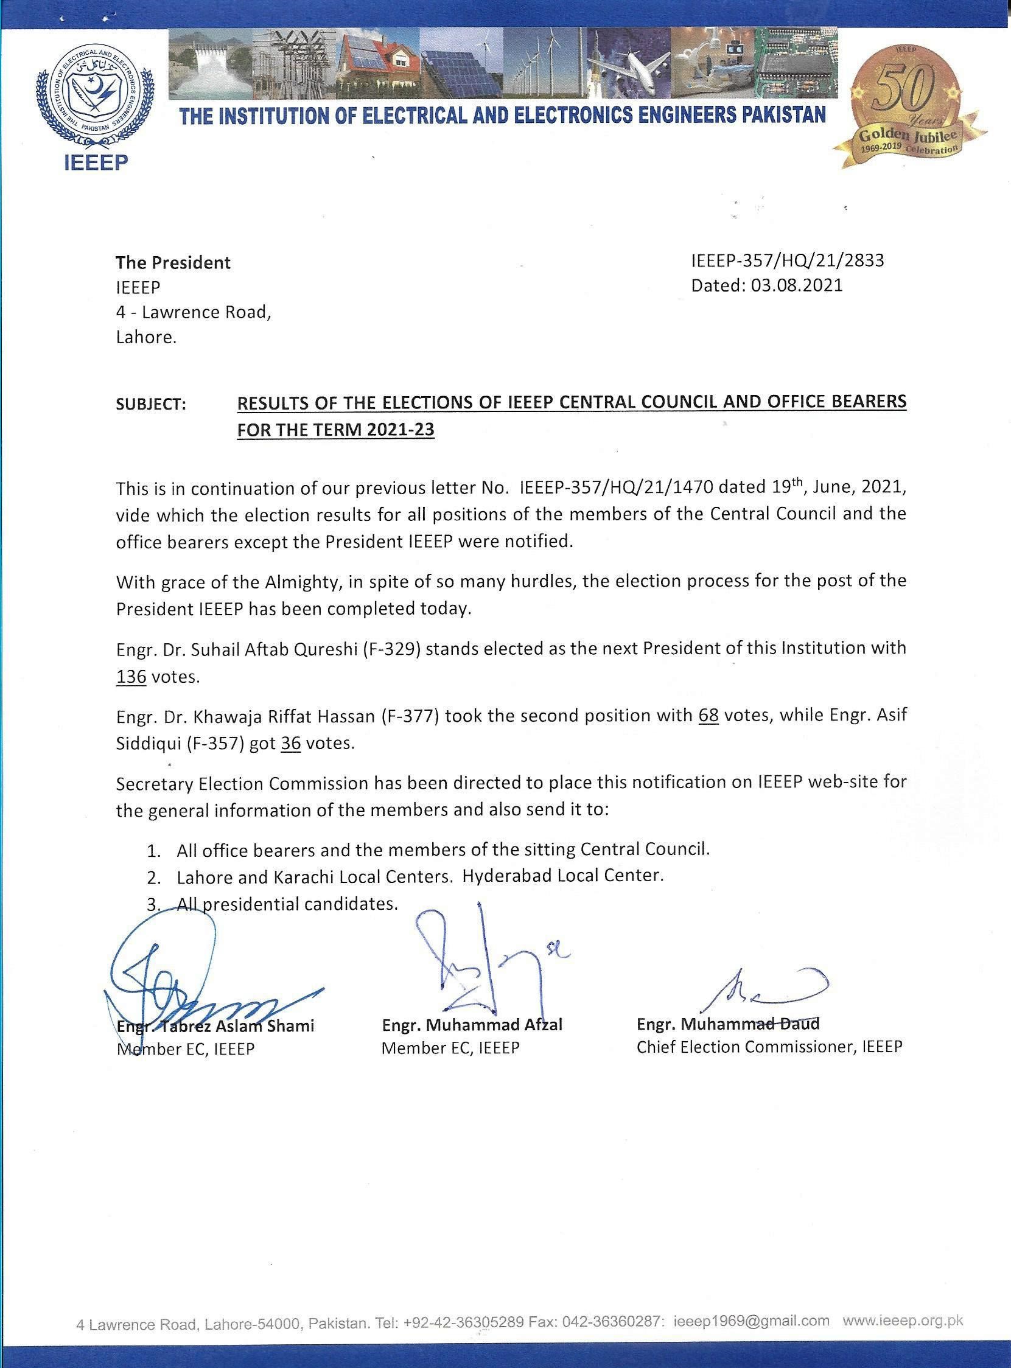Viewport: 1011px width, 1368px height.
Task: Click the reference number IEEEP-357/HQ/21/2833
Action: coord(787,260)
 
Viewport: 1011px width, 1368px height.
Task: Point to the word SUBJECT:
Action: coord(151,405)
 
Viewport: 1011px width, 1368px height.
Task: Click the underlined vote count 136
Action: coord(131,678)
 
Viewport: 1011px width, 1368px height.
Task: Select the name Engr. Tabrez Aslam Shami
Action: coord(215,1026)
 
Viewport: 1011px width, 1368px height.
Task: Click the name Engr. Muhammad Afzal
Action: coord(472,1025)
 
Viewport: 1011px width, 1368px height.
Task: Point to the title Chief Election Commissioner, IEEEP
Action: coord(769,1047)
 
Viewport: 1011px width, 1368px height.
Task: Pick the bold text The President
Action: coord(173,262)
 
